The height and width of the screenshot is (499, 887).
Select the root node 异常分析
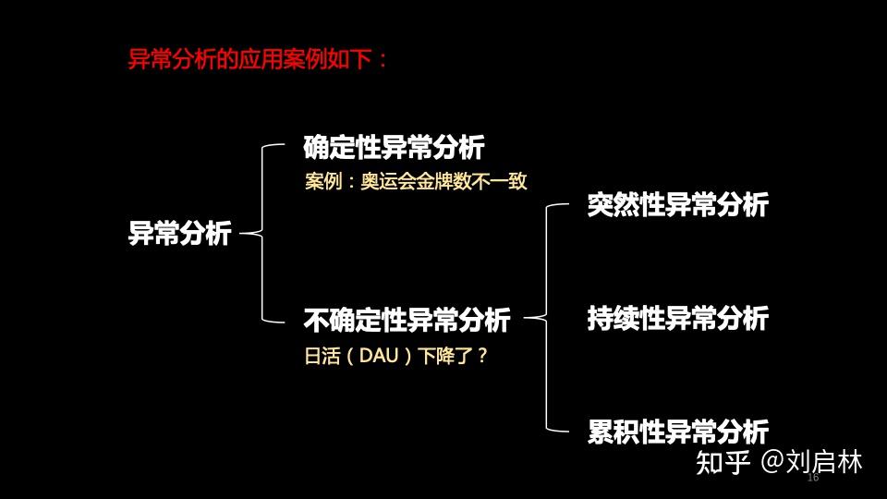179,234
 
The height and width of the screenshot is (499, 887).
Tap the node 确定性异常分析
394,147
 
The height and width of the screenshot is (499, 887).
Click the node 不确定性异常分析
407,321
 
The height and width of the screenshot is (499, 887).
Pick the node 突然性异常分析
677,205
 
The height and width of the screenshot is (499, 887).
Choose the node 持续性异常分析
677,320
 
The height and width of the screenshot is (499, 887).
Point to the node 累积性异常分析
677,432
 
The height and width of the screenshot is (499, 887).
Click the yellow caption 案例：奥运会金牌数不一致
416,181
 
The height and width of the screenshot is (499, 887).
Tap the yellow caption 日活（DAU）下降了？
395,356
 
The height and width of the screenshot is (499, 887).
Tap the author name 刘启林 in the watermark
829,463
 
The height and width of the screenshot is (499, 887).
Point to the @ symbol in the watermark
775,463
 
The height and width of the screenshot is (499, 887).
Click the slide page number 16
813,479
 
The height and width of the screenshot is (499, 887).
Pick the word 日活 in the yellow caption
320,356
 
